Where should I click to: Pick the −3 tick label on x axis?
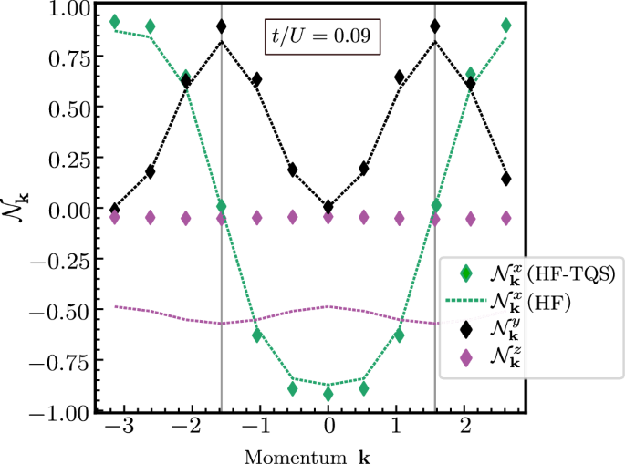[x=115, y=429]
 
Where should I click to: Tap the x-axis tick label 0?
[x=328, y=429]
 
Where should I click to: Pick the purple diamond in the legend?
[x=467, y=359]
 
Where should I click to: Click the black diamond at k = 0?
[x=328, y=207]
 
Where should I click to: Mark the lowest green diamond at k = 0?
[x=328, y=394]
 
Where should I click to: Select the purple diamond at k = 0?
[x=328, y=218]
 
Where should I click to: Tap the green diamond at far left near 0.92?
[x=115, y=21]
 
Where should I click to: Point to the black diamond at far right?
[x=506, y=179]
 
